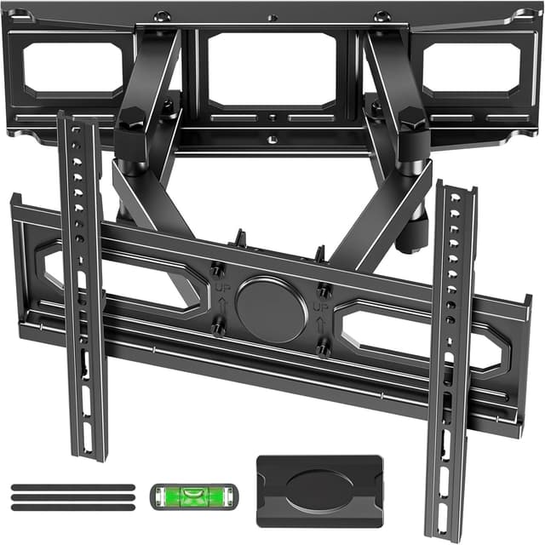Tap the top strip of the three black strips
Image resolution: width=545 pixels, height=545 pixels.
73,488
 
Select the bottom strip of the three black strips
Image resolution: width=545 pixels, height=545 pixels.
73,508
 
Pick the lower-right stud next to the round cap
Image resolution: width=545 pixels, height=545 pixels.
324,347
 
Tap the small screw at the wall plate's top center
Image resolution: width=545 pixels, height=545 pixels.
271,17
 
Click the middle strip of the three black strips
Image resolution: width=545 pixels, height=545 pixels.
73,498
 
